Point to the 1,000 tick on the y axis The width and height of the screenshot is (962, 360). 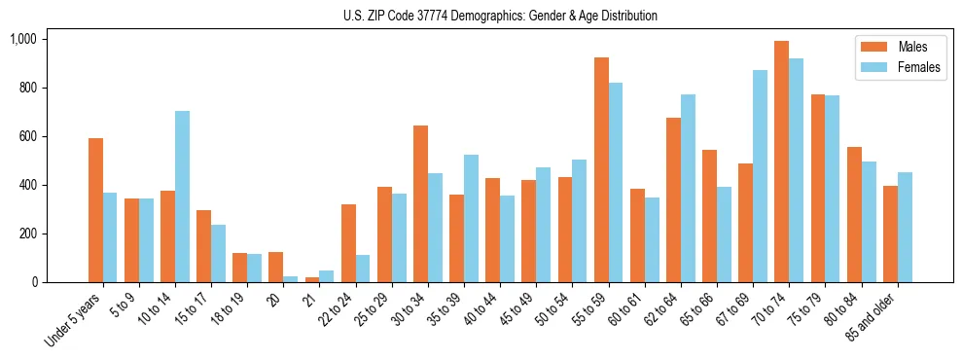22,39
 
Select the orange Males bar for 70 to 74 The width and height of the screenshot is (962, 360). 781,162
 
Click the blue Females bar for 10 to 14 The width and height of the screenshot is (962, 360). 182,197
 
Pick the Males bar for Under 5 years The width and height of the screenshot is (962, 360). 95,210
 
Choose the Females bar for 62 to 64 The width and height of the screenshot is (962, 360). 688,188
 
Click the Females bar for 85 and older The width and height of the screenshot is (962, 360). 905,227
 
